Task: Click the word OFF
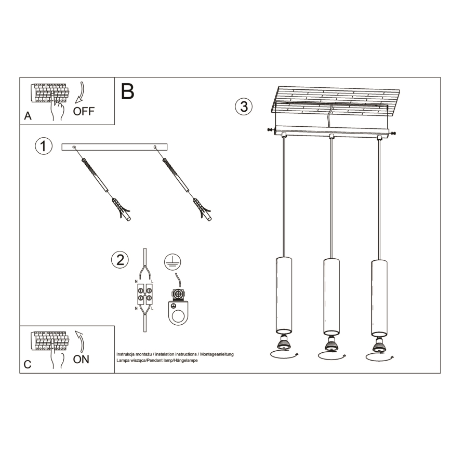[x=84, y=111]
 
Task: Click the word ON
[x=81, y=359]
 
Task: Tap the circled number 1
[x=44, y=146]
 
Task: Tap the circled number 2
[x=120, y=260]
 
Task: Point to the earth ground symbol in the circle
[x=171, y=262]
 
